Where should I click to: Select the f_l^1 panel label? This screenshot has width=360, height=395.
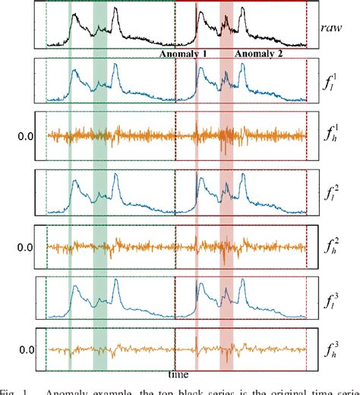tap(333, 83)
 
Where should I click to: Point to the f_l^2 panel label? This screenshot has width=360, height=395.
tap(333, 194)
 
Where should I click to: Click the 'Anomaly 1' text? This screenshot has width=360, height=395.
tap(183, 55)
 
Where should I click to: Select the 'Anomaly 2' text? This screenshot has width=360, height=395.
tap(258, 55)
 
